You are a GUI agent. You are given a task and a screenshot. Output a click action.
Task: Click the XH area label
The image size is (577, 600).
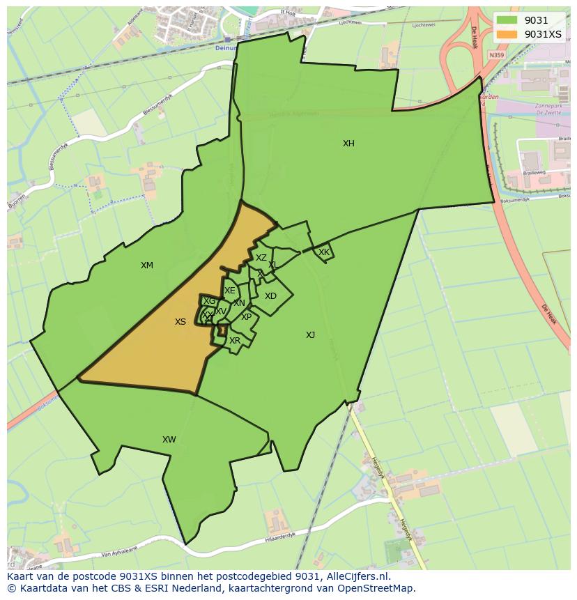(x=348, y=144)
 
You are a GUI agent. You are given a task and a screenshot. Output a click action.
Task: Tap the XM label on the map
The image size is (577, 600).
(x=147, y=266)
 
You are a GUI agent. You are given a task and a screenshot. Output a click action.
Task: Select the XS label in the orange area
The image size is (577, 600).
(x=180, y=322)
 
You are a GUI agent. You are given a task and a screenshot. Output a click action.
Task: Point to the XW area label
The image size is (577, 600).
(x=169, y=440)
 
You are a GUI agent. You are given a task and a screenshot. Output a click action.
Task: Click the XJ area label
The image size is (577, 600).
(x=310, y=335)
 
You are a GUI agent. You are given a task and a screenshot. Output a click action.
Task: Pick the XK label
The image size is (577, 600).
(x=324, y=252)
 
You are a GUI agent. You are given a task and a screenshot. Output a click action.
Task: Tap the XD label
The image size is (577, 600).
(x=270, y=296)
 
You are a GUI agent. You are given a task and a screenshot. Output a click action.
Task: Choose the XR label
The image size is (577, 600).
(x=235, y=341)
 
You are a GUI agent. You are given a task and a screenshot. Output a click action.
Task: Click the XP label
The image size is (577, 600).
(x=246, y=317)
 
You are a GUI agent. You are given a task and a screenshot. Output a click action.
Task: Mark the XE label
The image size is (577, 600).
(x=229, y=291)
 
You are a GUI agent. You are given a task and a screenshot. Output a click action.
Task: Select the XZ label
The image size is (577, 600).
(x=261, y=258)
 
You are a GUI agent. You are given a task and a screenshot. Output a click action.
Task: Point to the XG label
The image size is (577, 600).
(x=209, y=301)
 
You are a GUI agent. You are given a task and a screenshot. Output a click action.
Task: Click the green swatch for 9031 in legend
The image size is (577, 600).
(x=507, y=20)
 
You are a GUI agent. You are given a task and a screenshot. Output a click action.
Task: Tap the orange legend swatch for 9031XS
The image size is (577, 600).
(x=507, y=34)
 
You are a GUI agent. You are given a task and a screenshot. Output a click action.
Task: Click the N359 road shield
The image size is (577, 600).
(x=497, y=55)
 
